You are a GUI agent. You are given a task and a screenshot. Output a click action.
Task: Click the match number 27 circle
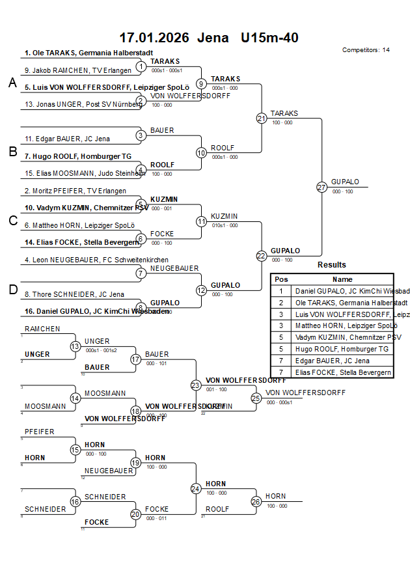pos(321,187)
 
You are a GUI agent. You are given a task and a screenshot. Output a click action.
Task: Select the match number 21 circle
pos(262,118)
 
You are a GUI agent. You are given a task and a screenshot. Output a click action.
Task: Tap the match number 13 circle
pos(75,346)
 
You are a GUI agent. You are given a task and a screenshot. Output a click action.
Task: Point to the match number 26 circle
pos(256,502)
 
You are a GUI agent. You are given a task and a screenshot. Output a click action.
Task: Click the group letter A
pos(12,83)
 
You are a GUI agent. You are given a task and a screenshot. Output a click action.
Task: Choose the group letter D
pos(12,290)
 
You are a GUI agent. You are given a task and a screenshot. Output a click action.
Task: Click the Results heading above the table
pos(332,265)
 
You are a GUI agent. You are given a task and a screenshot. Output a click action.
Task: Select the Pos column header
pos(281,279)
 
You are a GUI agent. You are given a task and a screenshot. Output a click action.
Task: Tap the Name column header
pos(342,279)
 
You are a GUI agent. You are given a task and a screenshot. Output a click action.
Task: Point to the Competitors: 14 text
pos(366,50)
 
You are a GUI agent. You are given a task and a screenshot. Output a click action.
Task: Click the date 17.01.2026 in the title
pos(154,38)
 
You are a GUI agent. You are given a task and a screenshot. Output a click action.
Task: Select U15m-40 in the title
pos(269,38)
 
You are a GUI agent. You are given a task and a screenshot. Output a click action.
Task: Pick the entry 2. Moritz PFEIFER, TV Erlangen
pos(75,191)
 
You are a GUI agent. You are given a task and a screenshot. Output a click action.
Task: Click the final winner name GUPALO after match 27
pos(345,182)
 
